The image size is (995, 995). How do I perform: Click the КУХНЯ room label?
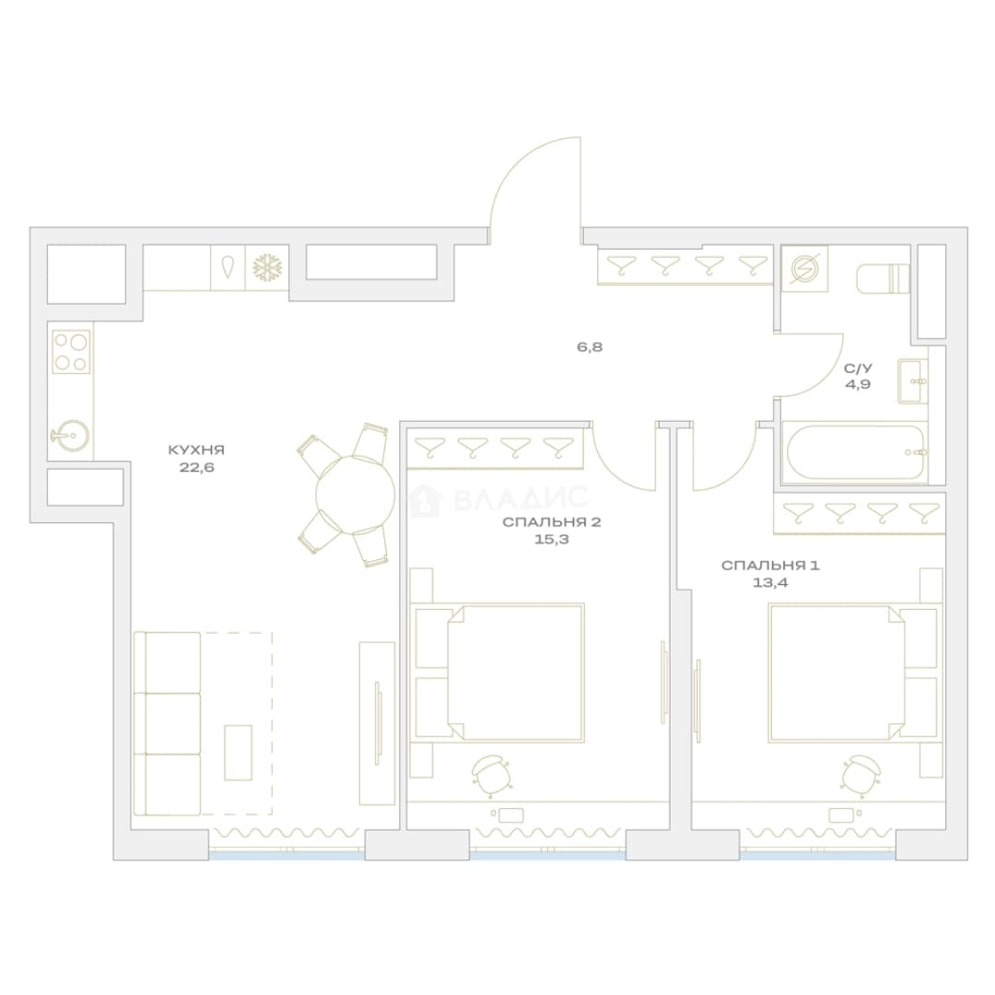196,450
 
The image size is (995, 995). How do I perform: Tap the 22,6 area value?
196,467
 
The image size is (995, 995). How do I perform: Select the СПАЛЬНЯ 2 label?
552,522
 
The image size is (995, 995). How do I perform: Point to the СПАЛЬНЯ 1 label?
770,566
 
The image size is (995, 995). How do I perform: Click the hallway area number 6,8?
590,347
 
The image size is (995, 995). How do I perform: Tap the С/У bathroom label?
858,368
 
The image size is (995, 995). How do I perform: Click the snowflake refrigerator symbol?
267,268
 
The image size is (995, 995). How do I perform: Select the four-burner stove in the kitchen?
71,352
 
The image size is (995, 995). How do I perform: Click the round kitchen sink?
70,435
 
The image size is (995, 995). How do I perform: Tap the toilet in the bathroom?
883,278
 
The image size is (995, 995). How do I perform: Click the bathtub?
855,452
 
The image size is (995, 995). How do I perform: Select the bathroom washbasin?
912,380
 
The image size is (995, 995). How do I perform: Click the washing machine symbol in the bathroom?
804,269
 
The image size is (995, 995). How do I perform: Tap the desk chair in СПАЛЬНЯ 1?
861,773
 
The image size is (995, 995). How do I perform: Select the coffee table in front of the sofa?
238,753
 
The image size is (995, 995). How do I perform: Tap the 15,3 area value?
552,540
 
